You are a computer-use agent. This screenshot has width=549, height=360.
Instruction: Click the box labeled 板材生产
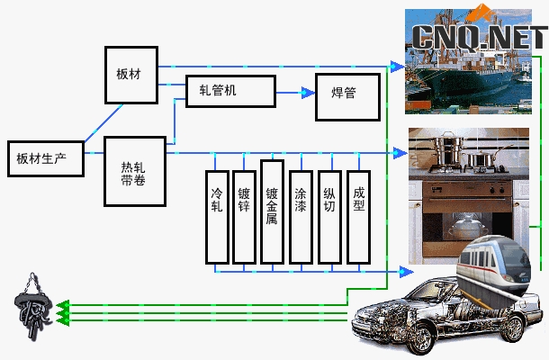(46, 159)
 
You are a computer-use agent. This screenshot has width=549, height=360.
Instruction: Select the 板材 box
(131, 72)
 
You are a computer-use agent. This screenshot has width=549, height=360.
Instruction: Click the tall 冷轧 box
(216, 216)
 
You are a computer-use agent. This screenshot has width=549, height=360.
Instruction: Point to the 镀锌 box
(244, 216)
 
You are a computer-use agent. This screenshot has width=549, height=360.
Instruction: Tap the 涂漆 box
(301, 216)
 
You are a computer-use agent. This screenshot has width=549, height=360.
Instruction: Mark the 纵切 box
(329, 216)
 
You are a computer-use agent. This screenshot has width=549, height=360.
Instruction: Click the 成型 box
(358, 216)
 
